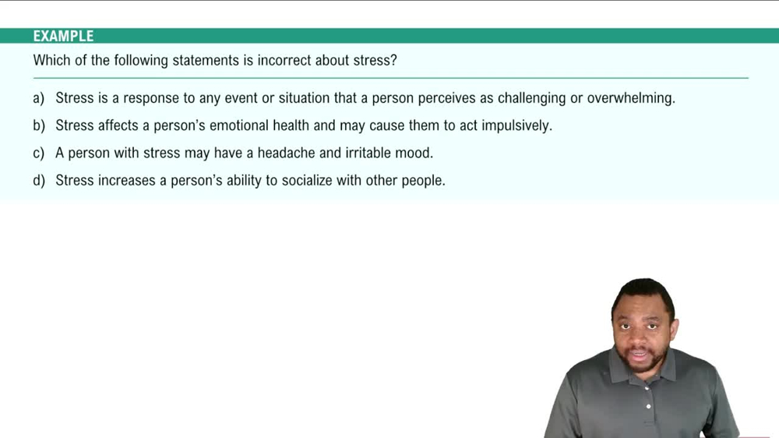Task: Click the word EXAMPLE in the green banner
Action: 63,36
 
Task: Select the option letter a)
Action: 39,98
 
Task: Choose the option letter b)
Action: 39,125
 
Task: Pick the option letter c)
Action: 39,153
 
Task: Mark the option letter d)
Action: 39,180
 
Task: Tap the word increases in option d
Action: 123,180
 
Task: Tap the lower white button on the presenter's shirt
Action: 648,406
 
